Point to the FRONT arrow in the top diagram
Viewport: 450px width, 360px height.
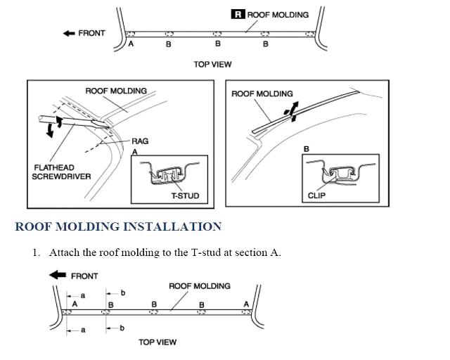69,33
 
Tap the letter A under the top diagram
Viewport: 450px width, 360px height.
131,44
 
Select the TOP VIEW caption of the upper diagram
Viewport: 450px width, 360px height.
212,64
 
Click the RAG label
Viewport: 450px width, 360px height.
140,141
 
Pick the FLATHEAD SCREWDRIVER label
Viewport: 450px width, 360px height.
61,172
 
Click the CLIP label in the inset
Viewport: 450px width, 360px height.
316,196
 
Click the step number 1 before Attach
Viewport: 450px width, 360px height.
35,252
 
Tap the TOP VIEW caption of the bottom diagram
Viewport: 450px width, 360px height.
157,342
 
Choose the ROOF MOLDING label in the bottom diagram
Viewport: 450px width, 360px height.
199,286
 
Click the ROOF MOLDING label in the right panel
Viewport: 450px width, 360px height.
262,94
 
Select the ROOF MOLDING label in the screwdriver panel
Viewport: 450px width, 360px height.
116,91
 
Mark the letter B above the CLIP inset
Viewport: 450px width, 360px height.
306,149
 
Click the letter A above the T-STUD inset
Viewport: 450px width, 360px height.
134,151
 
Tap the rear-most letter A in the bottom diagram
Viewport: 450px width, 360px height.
245,304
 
